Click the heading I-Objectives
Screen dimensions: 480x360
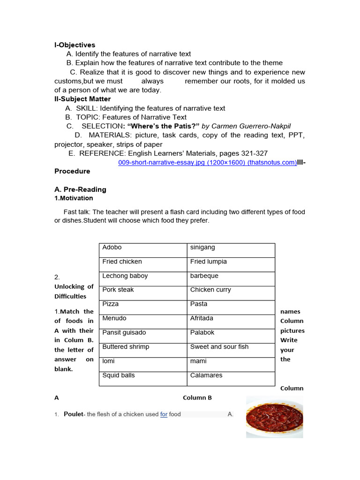click(75, 45)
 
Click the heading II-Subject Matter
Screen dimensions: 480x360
click(82, 99)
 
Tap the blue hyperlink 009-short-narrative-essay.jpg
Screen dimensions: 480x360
click(207, 162)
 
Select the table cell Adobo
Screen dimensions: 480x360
click(142, 250)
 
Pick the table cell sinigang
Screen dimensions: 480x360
click(231, 250)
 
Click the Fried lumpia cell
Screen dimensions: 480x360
click(231, 264)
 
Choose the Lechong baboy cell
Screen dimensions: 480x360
click(142, 278)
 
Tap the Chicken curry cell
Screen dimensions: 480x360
click(231, 293)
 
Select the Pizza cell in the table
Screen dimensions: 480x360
click(142, 307)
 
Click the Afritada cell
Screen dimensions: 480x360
click(231, 322)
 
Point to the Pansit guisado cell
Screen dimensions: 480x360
click(142, 336)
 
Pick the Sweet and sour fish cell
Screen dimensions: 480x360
click(231, 350)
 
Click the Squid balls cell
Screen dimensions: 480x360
click(142, 378)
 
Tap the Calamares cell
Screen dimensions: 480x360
click(231, 378)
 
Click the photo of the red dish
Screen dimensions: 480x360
click(274, 417)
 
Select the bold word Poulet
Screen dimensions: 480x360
click(73, 414)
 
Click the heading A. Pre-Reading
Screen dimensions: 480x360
click(80, 189)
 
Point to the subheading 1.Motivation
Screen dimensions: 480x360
click(74, 198)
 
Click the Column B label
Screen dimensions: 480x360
click(197, 397)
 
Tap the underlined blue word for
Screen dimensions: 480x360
click(164, 414)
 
